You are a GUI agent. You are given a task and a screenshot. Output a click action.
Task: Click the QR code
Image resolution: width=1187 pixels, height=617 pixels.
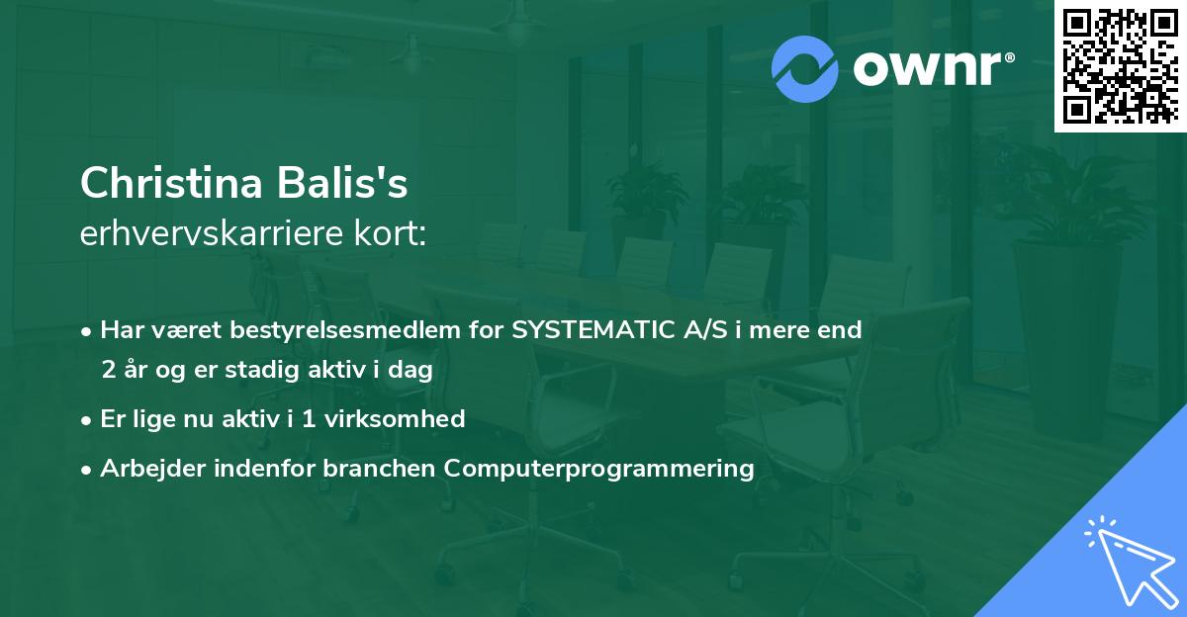click(x=1120, y=65)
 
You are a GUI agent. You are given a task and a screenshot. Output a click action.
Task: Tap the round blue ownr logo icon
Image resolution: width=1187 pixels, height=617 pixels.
click(x=805, y=69)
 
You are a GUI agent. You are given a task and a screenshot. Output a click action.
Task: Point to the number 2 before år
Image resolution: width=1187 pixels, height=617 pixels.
click(x=108, y=369)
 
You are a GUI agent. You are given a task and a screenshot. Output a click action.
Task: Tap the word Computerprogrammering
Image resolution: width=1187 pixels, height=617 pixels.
click(x=599, y=469)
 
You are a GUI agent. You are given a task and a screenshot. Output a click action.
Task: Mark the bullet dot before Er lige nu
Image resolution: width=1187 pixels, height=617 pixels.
click(x=87, y=419)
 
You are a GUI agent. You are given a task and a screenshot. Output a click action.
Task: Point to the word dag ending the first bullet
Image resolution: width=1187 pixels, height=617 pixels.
click(x=412, y=369)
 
